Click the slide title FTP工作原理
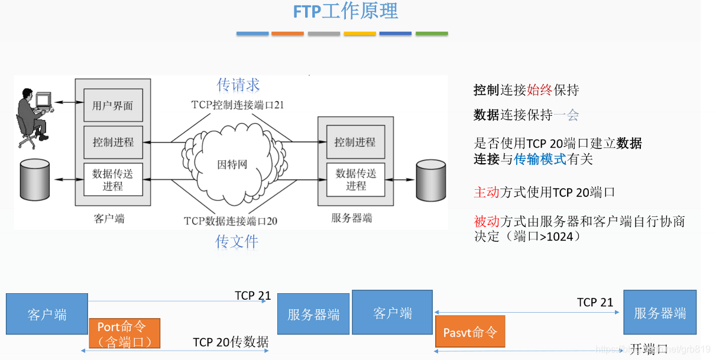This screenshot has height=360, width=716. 345,11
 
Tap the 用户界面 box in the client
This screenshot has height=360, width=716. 112,106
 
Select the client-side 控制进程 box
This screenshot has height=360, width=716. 112,142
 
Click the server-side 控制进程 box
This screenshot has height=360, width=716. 355,142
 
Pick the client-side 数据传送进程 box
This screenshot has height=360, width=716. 112,180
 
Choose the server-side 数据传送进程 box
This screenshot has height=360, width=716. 355,180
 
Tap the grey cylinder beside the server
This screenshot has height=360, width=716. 430,180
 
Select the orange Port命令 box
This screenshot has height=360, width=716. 124,333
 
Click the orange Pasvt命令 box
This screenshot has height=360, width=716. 470,332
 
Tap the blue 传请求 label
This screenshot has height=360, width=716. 238,85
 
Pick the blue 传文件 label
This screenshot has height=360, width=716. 236,241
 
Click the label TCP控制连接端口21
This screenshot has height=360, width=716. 238,105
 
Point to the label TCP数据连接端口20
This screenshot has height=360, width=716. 231,221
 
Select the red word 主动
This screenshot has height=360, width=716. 487,192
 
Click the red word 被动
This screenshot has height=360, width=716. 487,221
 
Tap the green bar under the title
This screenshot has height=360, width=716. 432,34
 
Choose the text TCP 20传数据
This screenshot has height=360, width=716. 231,342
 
